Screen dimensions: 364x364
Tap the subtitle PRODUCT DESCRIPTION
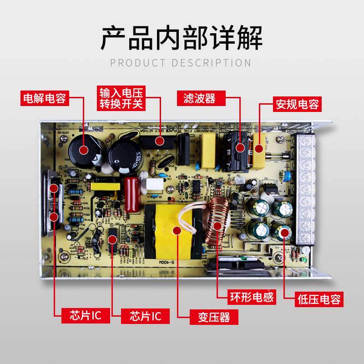tap(181, 63)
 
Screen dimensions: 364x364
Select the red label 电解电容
tap(45, 98)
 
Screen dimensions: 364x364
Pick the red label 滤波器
tap(199, 98)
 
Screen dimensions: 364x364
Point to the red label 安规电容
tap(296, 105)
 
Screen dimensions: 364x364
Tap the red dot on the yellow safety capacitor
tap(258, 148)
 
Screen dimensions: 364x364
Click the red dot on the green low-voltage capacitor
tap(286, 233)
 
